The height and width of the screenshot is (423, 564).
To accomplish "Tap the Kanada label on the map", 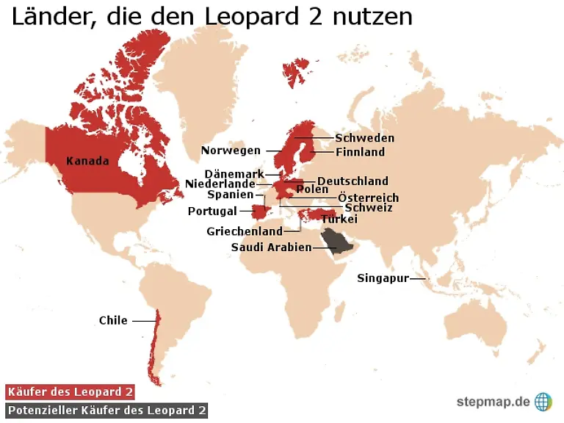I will [x=87, y=161].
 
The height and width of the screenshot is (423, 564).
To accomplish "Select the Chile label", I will [x=113, y=320].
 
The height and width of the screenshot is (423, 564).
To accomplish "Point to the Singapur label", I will [x=383, y=278].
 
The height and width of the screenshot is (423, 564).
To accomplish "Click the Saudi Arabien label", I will [x=271, y=247].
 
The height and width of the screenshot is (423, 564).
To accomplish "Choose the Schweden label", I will [x=364, y=138].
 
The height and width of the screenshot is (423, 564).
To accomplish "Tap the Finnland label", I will [x=360, y=152].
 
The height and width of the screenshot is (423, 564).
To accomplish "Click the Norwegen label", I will [x=231, y=151].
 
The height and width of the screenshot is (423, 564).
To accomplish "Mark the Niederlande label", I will [x=220, y=184].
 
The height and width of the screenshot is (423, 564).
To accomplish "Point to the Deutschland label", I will [x=352, y=181].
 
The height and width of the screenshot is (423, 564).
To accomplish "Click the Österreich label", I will [x=368, y=198].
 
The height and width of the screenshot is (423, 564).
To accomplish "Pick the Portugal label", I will [x=212, y=211].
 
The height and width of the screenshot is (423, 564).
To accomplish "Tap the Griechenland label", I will [x=244, y=231].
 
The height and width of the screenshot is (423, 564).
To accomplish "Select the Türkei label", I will [x=339, y=219].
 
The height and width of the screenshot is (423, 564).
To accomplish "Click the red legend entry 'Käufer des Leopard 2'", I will [x=70, y=392].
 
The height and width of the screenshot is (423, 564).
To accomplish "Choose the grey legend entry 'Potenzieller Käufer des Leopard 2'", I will [x=106, y=410].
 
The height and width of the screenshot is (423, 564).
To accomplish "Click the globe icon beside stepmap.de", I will [x=543, y=401].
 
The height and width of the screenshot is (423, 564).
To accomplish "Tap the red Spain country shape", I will [x=260, y=211].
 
